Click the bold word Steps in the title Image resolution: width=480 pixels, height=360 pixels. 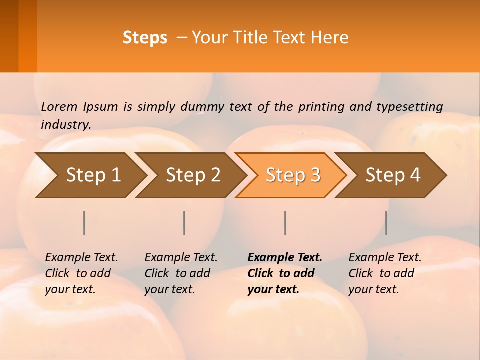coord(145,38)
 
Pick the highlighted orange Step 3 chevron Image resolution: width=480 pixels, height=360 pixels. coord(293,175)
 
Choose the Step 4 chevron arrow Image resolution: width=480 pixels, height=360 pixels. coord(393,175)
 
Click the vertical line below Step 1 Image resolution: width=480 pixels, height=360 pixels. coord(84,223)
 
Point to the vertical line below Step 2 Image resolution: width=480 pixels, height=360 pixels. coord(184,223)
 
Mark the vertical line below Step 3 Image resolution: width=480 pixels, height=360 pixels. coord(285,223)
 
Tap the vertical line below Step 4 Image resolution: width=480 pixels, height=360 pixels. coord(386,223)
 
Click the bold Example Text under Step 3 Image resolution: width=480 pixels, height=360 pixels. coord(284,273)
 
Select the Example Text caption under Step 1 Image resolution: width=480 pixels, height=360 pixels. coord(81,273)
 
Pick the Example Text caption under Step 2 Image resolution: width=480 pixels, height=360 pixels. coord(181,273)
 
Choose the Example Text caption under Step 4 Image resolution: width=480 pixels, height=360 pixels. coord(385,273)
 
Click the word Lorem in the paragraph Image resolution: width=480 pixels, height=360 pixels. coord(59,106)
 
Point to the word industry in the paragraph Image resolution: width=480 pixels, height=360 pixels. coord(66,125)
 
